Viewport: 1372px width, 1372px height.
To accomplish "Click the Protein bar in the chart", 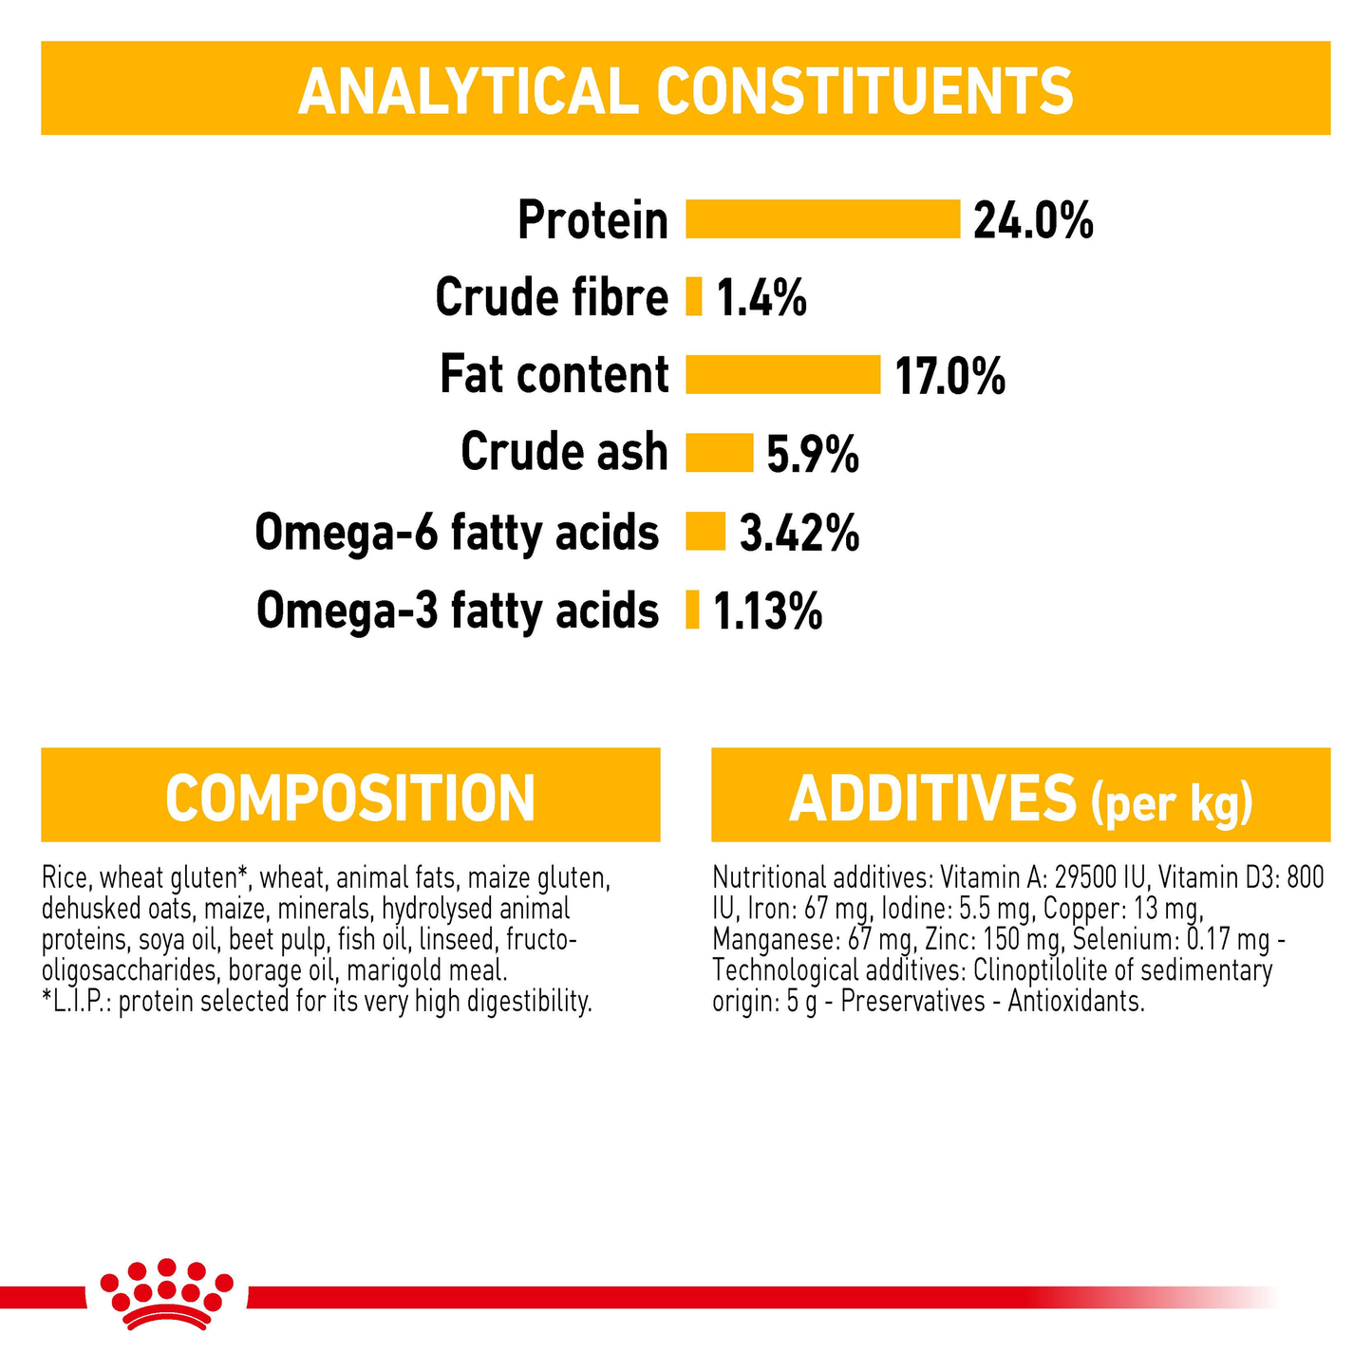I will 822,219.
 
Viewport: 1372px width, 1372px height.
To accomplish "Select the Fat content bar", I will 782,374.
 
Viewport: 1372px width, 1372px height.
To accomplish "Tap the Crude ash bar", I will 719,452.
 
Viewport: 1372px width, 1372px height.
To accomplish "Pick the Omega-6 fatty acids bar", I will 705,531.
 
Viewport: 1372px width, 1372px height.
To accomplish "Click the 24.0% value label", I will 1033,221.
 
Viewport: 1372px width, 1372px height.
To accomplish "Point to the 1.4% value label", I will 761,298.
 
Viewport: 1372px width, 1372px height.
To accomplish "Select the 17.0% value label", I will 949,377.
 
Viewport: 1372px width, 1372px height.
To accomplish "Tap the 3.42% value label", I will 799,534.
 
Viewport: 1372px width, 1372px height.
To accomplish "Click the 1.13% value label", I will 767,611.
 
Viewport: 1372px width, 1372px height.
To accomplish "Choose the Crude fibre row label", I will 552,297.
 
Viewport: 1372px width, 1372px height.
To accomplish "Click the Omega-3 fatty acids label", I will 458,610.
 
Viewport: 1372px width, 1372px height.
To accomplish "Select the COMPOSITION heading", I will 350,798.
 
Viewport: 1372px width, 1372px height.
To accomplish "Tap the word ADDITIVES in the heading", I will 932,799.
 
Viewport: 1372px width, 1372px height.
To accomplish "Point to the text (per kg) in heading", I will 1172,803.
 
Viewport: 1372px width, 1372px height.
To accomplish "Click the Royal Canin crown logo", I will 167,1293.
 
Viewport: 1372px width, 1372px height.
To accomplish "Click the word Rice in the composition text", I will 62,878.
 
